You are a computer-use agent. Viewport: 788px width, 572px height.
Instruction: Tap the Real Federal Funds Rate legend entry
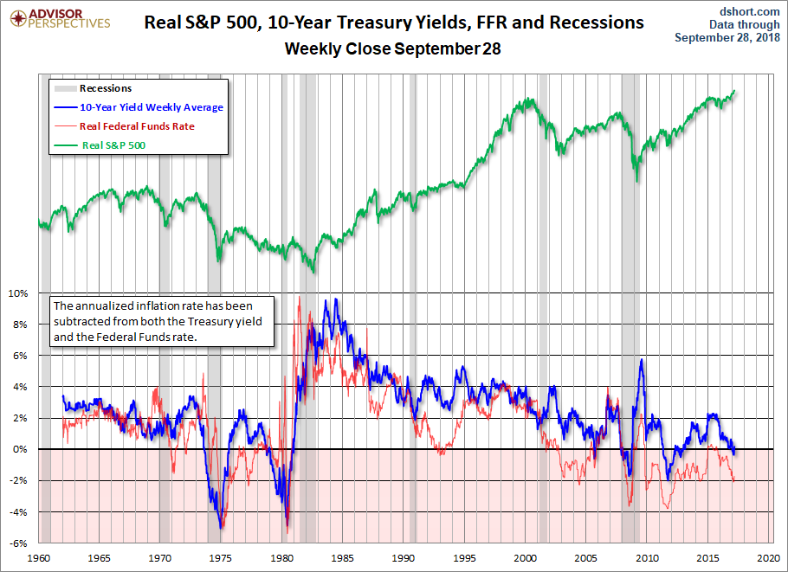tap(136, 126)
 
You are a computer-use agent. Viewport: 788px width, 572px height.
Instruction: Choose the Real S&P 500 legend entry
tap(113, 145)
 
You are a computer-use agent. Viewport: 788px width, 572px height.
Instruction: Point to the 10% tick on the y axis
tap(18, 293)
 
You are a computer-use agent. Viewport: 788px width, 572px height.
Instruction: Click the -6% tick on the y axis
tap(18, 543)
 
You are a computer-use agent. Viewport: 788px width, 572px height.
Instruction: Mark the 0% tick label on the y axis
tap(20, 449)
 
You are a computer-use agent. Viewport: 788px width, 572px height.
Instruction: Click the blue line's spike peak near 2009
tap(641, 360)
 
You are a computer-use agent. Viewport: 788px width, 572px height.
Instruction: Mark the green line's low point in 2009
tap(637, 181)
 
